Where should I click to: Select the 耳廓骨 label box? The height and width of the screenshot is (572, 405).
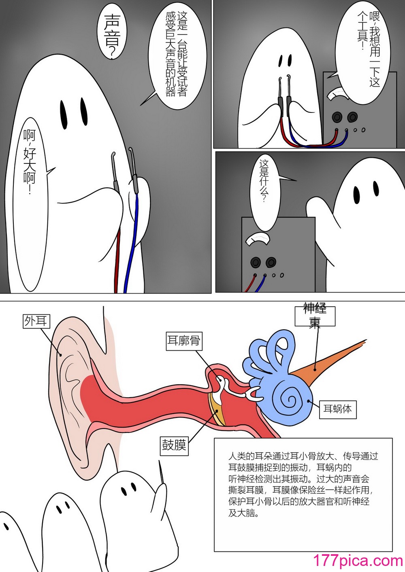[x=184, y=341]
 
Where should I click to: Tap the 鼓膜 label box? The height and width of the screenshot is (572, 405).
[x=174, y=446]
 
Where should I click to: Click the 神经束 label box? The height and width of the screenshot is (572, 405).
[x=315, y=316]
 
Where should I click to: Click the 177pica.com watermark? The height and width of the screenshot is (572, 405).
[x=358, y=561]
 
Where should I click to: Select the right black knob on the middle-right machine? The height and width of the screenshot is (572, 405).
[x=271, y=262]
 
